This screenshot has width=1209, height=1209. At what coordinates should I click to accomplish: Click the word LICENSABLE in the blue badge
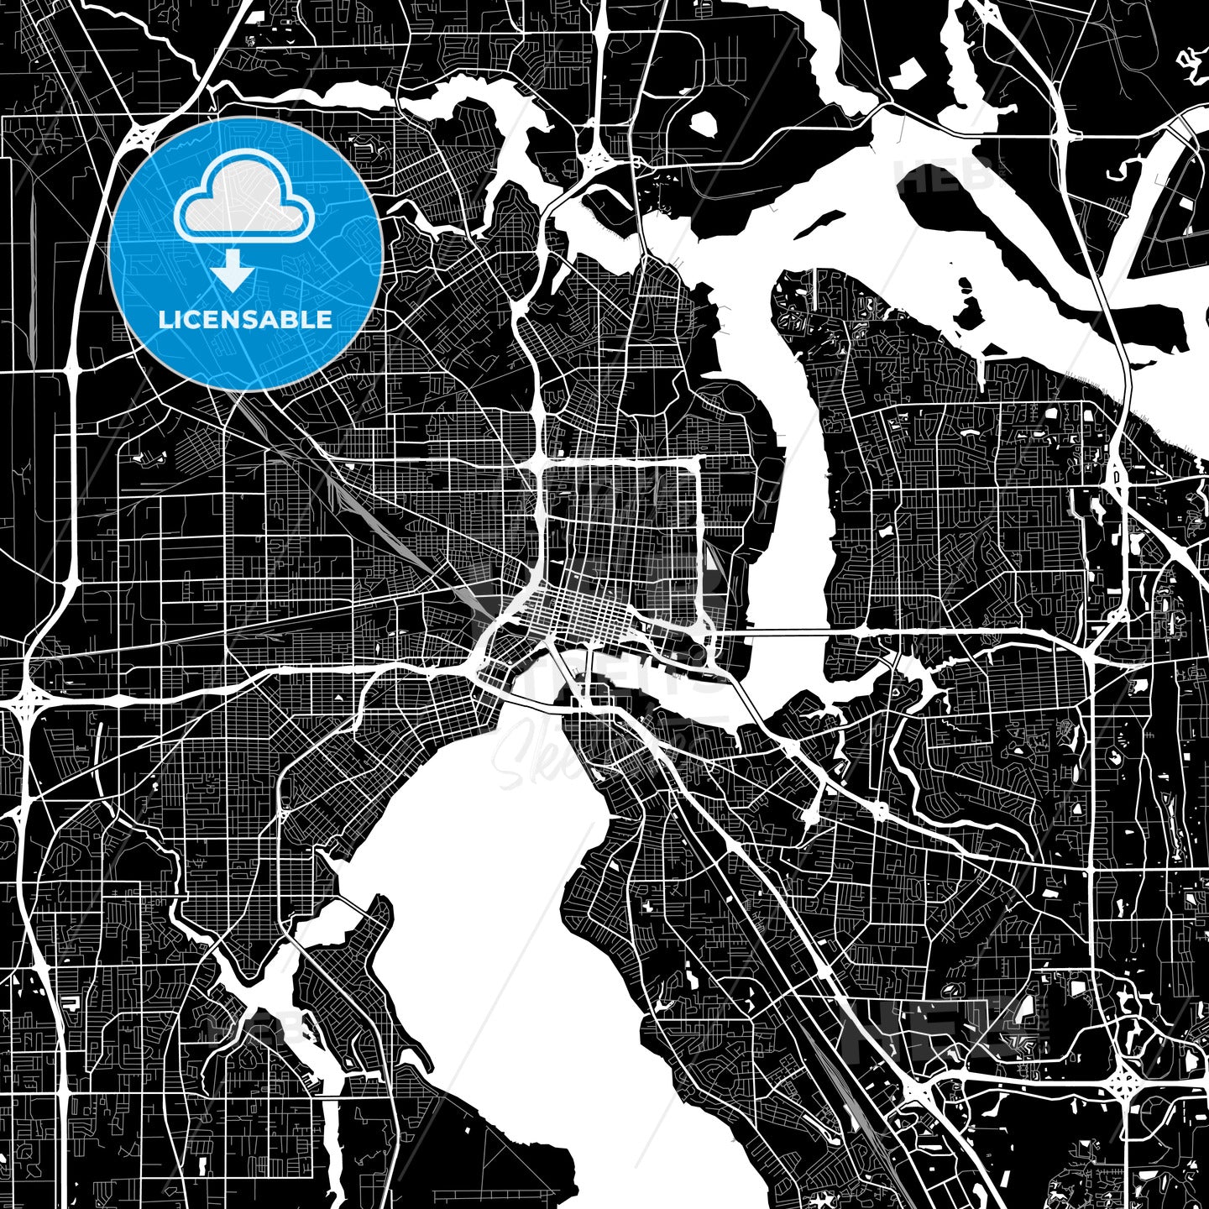(x=245, y=320)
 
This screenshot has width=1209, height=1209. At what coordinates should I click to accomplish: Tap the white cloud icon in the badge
(x=243, y=201)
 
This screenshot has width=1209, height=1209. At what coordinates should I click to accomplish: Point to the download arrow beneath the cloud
(x=233, y=270)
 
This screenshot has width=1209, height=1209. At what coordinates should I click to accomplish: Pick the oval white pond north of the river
(x=703, y=123)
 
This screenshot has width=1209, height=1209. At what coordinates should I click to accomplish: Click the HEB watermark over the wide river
(x=945, y=175)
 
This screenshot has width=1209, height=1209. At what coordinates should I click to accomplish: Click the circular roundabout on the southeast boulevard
(x=880, y=811)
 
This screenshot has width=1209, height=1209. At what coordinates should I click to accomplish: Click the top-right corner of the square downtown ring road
(x=699, y=459)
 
